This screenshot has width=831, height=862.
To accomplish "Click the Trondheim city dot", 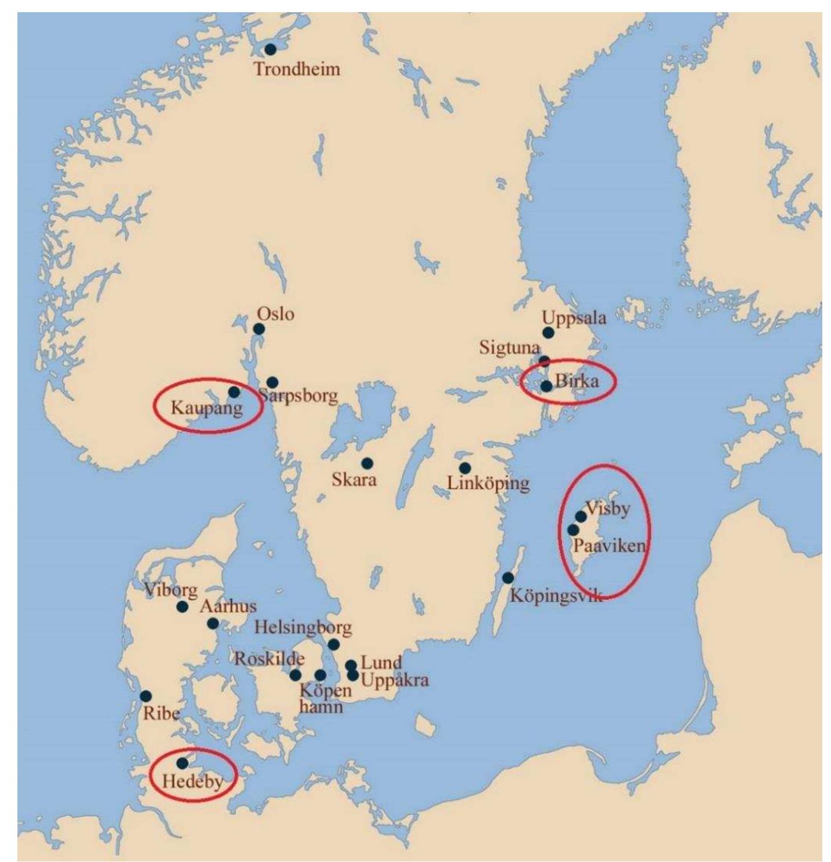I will (270, 50).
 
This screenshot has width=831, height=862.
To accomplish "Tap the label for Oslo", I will (275, 314).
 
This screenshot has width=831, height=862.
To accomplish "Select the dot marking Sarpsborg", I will (272, 382).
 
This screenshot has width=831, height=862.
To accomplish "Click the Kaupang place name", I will (206, 408).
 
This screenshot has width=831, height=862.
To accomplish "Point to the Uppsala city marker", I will (548, 333).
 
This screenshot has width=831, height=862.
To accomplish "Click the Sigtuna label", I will (509, 348).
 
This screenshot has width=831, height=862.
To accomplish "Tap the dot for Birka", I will (546, 386).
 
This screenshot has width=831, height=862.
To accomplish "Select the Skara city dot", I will (367, 463).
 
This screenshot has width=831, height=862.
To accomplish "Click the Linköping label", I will (488, 483).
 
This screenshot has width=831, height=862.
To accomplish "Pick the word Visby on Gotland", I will (608, 509).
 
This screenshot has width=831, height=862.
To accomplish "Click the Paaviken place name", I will (609, 545).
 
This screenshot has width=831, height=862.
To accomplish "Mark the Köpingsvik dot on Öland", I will (508, 578).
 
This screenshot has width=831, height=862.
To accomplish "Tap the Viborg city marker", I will (182, 607).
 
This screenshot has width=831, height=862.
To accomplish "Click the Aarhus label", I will (228, 607).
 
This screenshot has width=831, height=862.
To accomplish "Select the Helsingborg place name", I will (303, 627).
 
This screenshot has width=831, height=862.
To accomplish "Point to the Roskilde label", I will (269, 659).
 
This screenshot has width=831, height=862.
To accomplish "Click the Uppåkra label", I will (395, 680).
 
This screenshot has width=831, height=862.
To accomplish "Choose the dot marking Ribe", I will (146, 696).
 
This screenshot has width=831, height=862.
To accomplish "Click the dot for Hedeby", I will (182, 763).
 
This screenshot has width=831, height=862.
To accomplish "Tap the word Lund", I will (381, 663).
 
